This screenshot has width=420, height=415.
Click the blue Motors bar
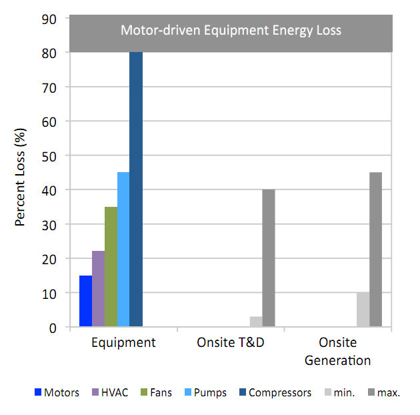pyautogui.click(x=85, y=301)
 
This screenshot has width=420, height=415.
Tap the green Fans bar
pyautogui.click(x=111, y=267)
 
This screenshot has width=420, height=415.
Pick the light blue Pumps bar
pyautogui.click(x=123, y=250)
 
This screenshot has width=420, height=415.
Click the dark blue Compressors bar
pyautogui.click(x=136, y=189)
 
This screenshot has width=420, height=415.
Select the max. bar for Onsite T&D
pyautogui.click(x=269, y=258)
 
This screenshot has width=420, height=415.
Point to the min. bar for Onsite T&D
pyautogui.click(x=256, y=322)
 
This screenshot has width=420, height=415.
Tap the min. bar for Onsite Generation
pyautogui.click(x=363, y=310)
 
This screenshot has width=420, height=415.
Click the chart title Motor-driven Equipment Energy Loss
pyautogui.click(x=231, y=30)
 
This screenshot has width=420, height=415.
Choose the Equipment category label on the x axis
pyautogui.click(x=123, y=343)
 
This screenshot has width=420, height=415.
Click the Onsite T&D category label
pyautogui.click(x=231, y=343)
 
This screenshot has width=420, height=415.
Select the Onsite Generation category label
pyautogui.click(x=337, y=352)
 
